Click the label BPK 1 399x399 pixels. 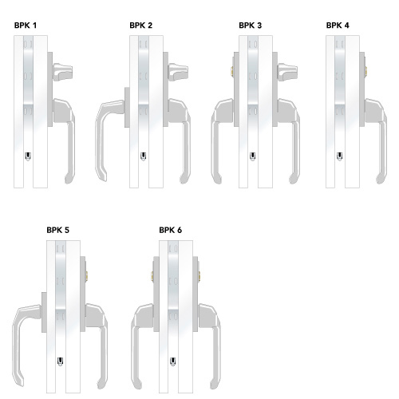tap(26, 26)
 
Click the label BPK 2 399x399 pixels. tap(141, 26)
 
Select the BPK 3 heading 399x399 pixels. tap(251, 26)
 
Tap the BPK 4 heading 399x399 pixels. tap(338, 26)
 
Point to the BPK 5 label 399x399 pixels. tap(58, 230)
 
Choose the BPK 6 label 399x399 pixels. tap(171, 230)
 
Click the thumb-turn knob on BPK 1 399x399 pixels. tap(62, 72)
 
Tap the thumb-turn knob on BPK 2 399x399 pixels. tap(178, 72)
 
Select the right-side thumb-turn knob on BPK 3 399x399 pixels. tap(287, 72)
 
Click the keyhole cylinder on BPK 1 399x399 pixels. tap(28, 156)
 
